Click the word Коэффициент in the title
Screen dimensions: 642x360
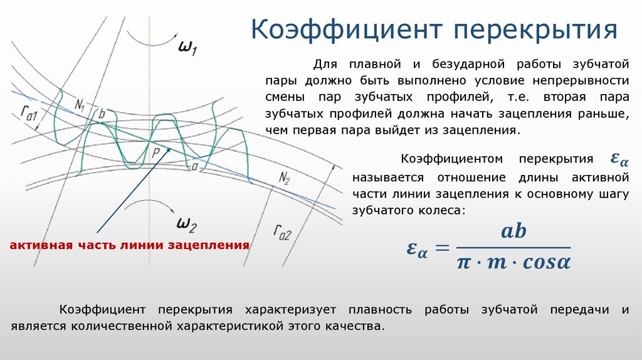tap(347, 29)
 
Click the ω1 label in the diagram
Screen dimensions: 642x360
tap(187, 47)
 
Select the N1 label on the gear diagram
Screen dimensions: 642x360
tap(79, 105)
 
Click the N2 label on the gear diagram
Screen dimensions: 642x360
tap(285, 178)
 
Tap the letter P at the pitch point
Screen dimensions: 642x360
tap(155, 153)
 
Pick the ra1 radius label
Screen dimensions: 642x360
tap(29, 113)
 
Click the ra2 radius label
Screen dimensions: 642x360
tap(283, 232)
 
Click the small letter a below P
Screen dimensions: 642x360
tap(194, 166)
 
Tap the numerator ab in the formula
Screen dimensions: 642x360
tap(514, 231)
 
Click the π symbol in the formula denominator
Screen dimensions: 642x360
tap(463, 263)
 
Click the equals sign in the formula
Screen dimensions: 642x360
tap(443, 247)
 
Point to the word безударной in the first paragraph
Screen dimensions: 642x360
tap(468, 65)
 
